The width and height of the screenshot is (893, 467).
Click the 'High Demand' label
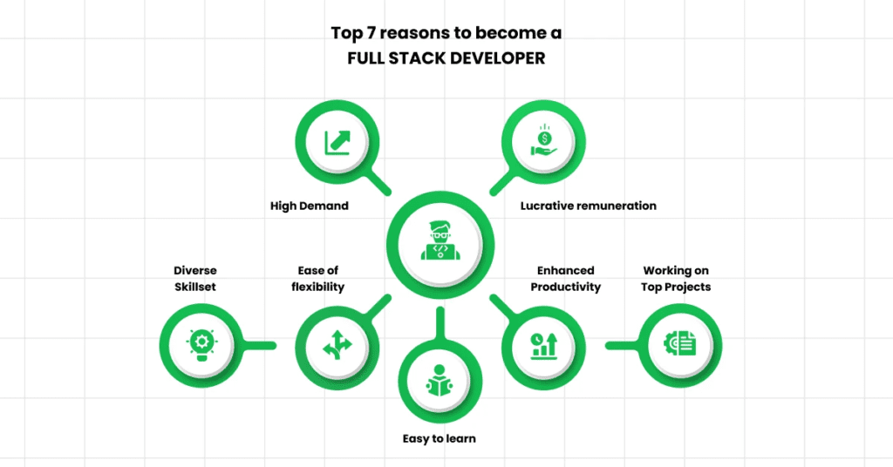coord(310,206)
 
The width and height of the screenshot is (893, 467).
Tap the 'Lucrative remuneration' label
coord(589,206)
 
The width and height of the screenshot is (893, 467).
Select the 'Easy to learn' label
coord(440,438)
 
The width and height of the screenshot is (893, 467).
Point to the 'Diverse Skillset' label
coord(195,279)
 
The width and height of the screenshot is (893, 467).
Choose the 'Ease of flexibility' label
coord(317,279)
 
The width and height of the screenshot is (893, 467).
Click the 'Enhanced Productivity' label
coord(565,279)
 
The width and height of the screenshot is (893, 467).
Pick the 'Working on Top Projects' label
coord(676,279)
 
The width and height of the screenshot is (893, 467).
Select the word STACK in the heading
coord(417,58)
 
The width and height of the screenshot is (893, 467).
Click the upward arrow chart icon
coord(337,142)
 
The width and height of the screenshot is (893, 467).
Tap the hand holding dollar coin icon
coord(544,140)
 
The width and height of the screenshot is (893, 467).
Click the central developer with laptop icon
coord(440,240)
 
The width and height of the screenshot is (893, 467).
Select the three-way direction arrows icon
coord(337,345)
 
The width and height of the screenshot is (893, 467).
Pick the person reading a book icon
coord(440,381)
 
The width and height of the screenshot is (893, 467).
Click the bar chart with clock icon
coord(544,345)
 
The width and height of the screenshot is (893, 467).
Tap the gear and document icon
coord(679,344)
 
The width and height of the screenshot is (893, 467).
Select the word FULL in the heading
coord(366,58)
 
